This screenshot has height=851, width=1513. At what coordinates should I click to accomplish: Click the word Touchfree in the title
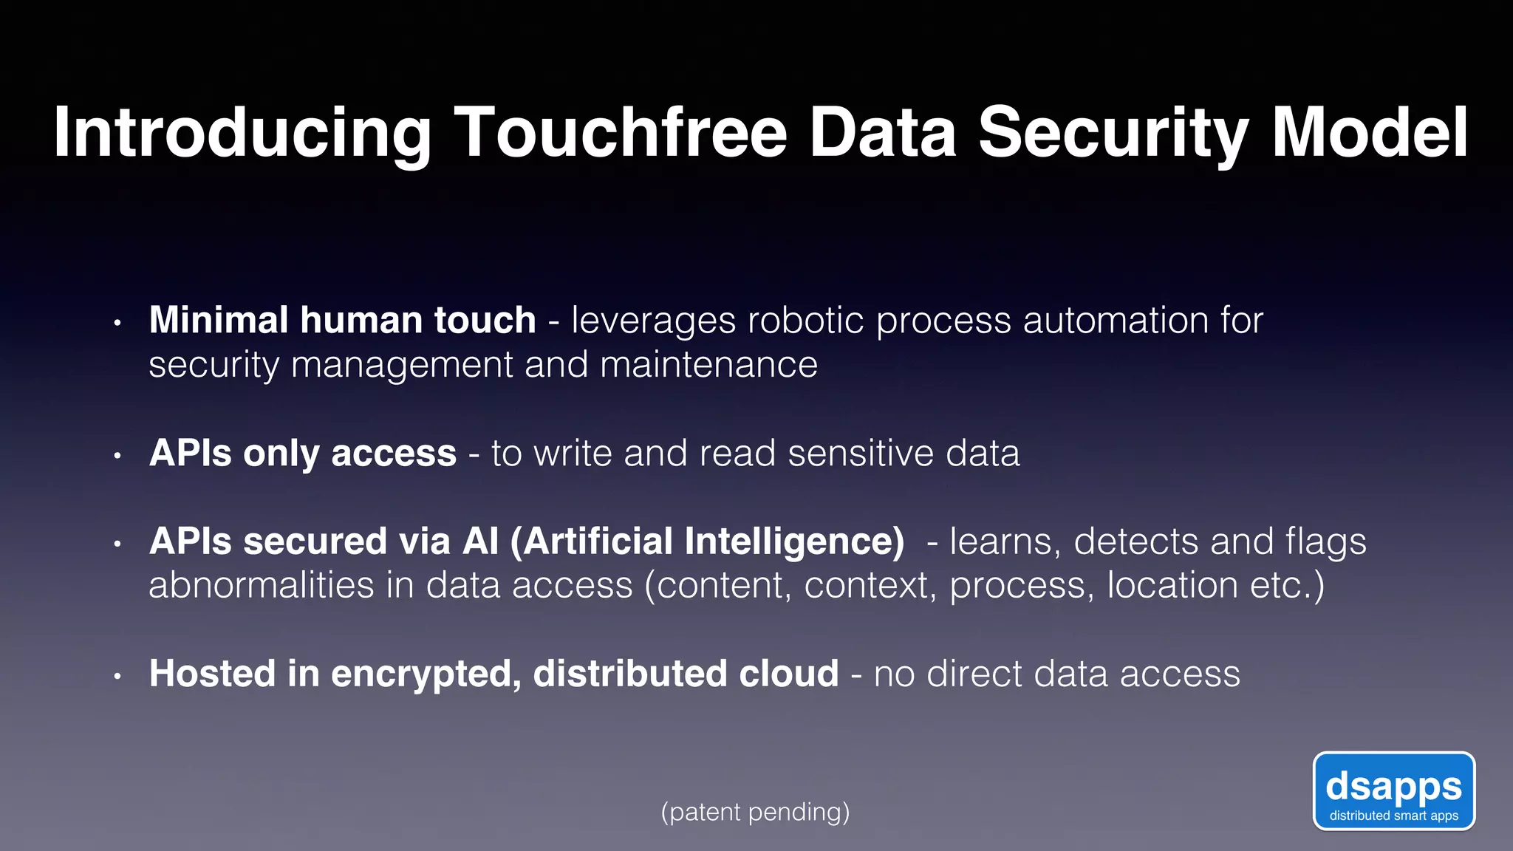click(621, 133)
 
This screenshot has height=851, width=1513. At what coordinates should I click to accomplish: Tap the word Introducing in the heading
click(242, 133)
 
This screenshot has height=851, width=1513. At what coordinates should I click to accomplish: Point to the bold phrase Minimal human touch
click(342, 321)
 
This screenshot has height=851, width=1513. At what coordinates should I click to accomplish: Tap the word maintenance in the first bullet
click(708, 365)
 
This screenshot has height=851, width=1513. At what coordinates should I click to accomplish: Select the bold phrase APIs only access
click(303, 453)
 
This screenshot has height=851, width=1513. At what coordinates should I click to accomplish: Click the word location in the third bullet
click(1172, 585)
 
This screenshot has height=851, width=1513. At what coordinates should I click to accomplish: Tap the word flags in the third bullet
click(1325, 541)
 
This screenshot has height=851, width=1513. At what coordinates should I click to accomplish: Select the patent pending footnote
click(755, 812)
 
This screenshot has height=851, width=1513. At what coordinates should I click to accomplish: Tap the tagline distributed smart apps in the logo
click(1393, 816)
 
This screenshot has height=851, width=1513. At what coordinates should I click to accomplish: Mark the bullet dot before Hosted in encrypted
click(117, 676)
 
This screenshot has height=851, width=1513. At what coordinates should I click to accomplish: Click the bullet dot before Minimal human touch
click(117, 323)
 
